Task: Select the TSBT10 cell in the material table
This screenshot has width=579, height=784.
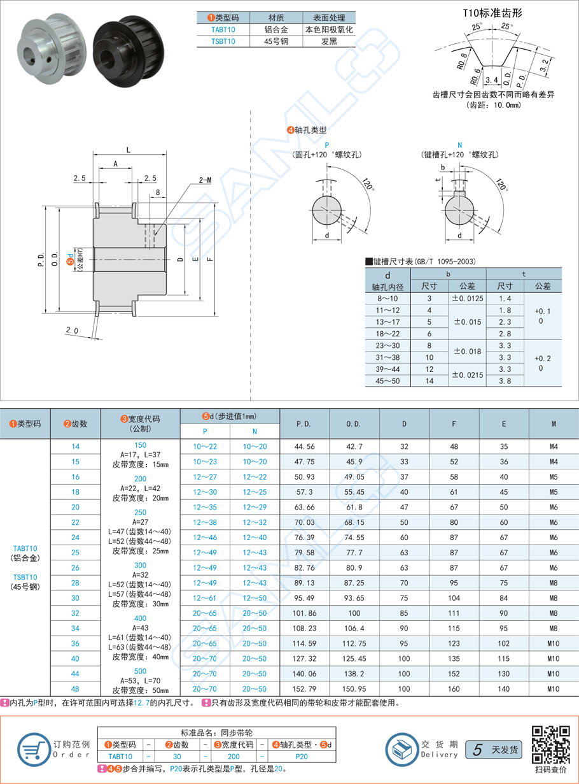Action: click(223, 41)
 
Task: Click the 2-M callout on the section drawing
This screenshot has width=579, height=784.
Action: click(204, 180)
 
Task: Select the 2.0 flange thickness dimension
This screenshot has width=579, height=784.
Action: click(71, 331)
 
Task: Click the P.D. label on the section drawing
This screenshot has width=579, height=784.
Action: click(41, 258)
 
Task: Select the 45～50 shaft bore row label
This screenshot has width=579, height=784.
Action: click(388, 381)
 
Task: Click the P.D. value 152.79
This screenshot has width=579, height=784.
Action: click(304, 688)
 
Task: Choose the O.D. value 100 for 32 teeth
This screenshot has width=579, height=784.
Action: click(354, 613)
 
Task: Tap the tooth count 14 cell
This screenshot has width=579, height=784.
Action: click(76, 447)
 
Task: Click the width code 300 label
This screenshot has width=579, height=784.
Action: click(141, 566)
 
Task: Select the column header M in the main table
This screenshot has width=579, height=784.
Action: click(554, 423)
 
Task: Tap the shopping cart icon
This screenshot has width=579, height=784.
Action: click(32, 748)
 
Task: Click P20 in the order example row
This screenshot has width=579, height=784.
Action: click(302, 756)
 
